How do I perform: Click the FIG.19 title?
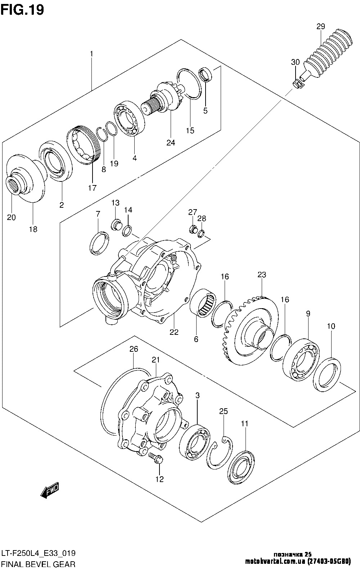click(x=22, y=10)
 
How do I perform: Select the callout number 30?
click(x=295, y=62)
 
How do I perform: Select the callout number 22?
click(x=174, y=332)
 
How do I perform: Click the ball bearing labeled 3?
click(x=194, y=442)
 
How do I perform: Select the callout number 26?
click(x=134, y=349)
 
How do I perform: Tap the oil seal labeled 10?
click(x=327, y=373)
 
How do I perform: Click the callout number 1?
click(x=91, y=54)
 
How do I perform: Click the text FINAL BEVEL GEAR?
click(x=38, y=564)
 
